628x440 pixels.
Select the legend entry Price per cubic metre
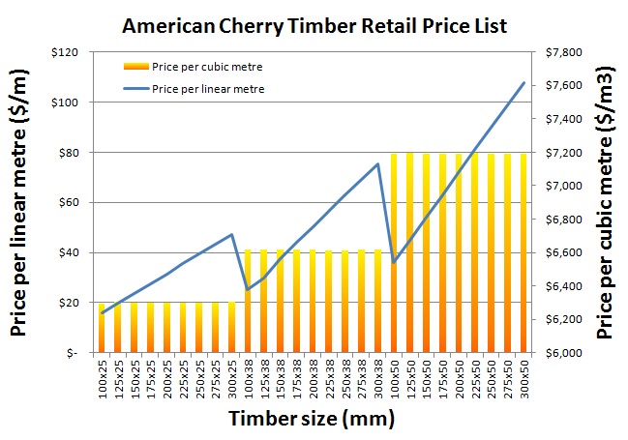tap(208, 67)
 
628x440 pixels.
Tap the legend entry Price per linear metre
tap(208, 89)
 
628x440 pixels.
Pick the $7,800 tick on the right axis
tap(565, 51)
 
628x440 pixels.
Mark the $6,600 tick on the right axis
tap(565, 252)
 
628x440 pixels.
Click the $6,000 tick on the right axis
tap(565, 353)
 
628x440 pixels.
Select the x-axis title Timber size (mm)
tap(312, 420)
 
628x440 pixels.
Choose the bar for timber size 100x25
tap(103, 328)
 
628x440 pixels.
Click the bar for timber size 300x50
tap(523, 251)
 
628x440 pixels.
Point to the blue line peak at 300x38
tap(377, 163)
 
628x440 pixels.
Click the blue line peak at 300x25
tap(232, 234)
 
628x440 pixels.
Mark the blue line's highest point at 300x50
tap(523, 82)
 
